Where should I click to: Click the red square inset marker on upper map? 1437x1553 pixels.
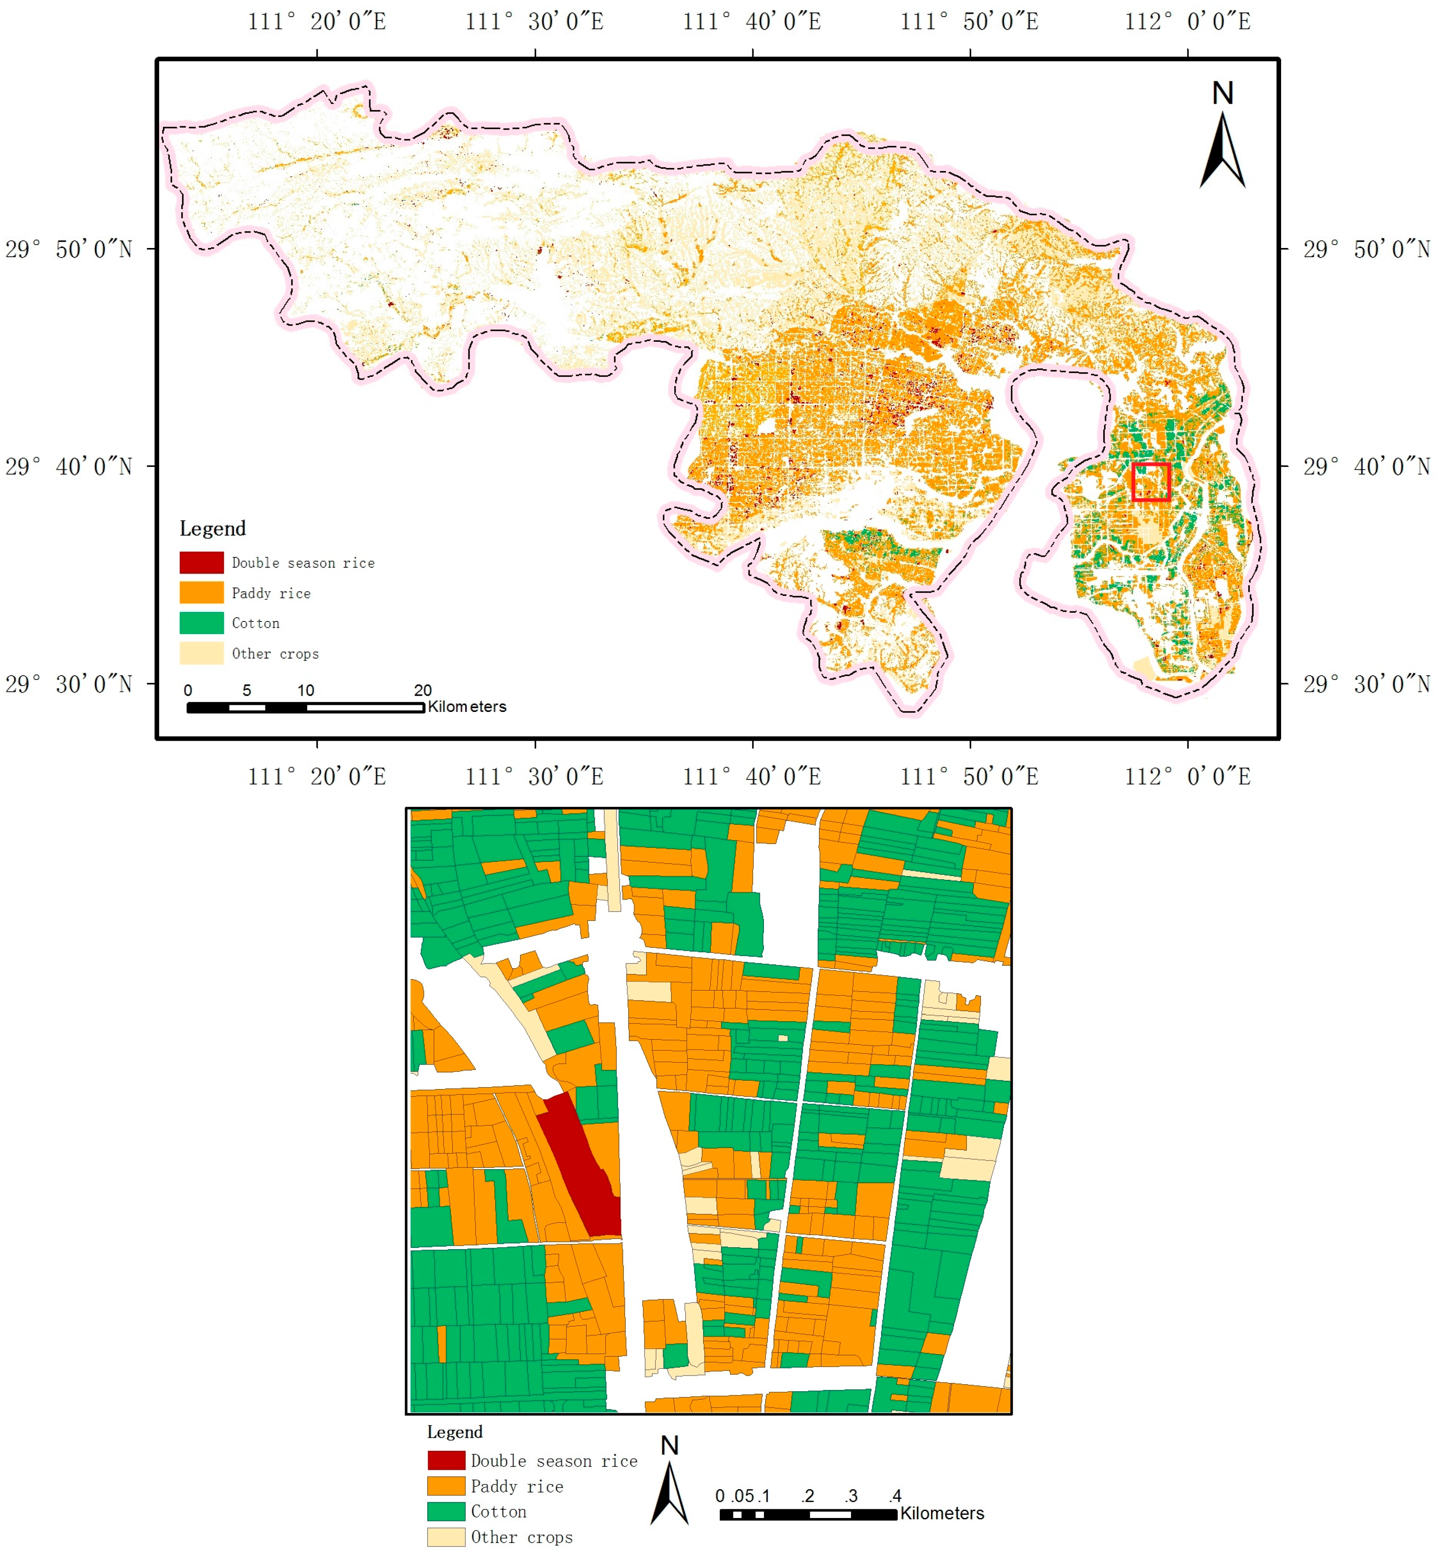[x=1151, y=481]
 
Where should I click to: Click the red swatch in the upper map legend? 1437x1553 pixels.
[x=201, y=562]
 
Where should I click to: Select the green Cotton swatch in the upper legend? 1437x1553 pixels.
[x=201, y=623]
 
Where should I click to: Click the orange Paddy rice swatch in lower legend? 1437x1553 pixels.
[x=446, y=1486]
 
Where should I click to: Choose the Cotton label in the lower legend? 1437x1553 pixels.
[x=498, y=1512]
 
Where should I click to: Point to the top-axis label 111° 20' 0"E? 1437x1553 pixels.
[x=316, y=21]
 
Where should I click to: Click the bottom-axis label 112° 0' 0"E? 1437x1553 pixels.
[x=1187, y=776]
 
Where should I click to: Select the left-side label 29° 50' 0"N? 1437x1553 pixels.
[x=68, y=250]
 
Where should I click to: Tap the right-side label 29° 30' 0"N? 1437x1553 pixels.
[x=1366, y=684]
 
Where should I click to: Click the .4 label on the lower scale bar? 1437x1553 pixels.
[x=895, y=1495]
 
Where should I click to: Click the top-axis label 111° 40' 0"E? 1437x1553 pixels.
[x=752, y=21]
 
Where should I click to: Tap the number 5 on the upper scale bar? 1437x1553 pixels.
[x=246, y=690]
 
